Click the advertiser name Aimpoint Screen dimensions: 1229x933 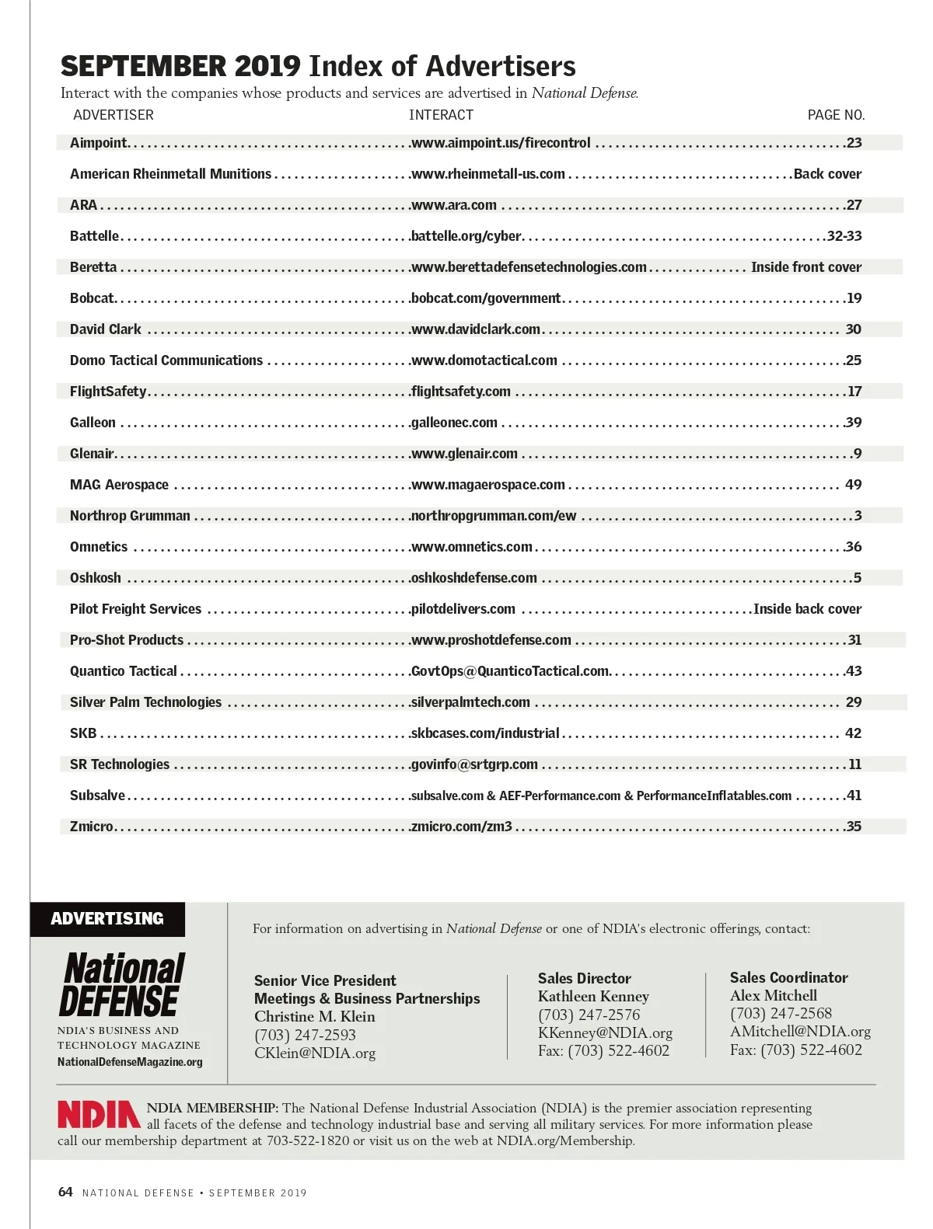click(x=98, y=143)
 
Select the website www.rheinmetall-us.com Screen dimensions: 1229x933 click(x=487, y=174)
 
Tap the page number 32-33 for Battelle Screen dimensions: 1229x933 click(x=844, y=236)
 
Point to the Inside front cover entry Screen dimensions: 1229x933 click(x=805, y=267)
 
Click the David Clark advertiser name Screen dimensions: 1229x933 click(x=106, y=329)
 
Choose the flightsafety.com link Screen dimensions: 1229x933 click(x=461, y=392)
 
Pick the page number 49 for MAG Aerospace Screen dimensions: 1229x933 click(x=853, y=485)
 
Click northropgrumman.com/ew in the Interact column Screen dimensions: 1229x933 click(x=494, y=516)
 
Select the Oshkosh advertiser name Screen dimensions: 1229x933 click(x=96, y=578)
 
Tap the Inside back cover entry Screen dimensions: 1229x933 click(x=807, y=609)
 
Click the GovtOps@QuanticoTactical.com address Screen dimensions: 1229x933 click(x=510, y=671)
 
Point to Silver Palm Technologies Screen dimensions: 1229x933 click(x=145, y=702)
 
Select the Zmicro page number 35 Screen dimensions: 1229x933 click(x=854, y=827)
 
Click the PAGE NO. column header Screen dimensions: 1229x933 click(x=836, y=115)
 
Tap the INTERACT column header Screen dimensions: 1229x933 click(x=441, y=115)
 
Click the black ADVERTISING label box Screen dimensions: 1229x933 click(x=107, y=919)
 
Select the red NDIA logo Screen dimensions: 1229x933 click(x=99, y=1115)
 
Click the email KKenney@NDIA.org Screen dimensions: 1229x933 click(x=605, y=1033)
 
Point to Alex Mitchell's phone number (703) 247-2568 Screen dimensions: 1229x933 click(x=781, y=1013)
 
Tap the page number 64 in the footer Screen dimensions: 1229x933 click(x=65, y=1192)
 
